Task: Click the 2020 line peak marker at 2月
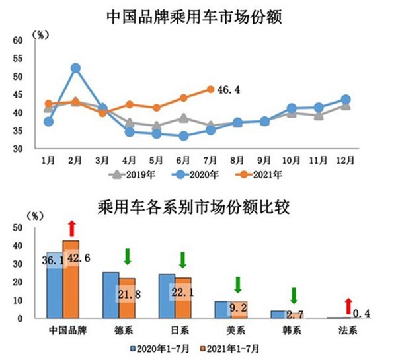(x=75, y=68)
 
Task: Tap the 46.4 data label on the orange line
(x=229, y=90)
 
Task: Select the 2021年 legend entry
(x=258, y=174)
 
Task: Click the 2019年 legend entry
(x=132, y=174)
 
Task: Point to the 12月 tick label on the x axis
(x=345, y=161)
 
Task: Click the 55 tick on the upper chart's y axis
(x=18, y=59)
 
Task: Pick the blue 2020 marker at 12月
(x=346, y=99)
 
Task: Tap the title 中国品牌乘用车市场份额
(x=194, y=17)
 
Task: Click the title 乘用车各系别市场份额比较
(x=194, y=207)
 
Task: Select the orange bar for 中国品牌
(x=71, y=279)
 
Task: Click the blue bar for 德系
(x=111, y=295)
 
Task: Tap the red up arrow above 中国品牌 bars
(x=72, y=229)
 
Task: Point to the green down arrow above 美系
(x=238, y=285)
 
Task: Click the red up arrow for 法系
(x=348, y=306)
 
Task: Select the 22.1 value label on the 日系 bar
(x=182, y=293)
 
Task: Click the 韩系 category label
(x=292, y=330)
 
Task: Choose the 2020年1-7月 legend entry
(x=160, y=349)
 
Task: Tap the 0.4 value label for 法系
(x=361, y=314)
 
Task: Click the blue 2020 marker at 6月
(x=184, y=136)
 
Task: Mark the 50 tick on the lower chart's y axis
(x=18, y=228)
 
